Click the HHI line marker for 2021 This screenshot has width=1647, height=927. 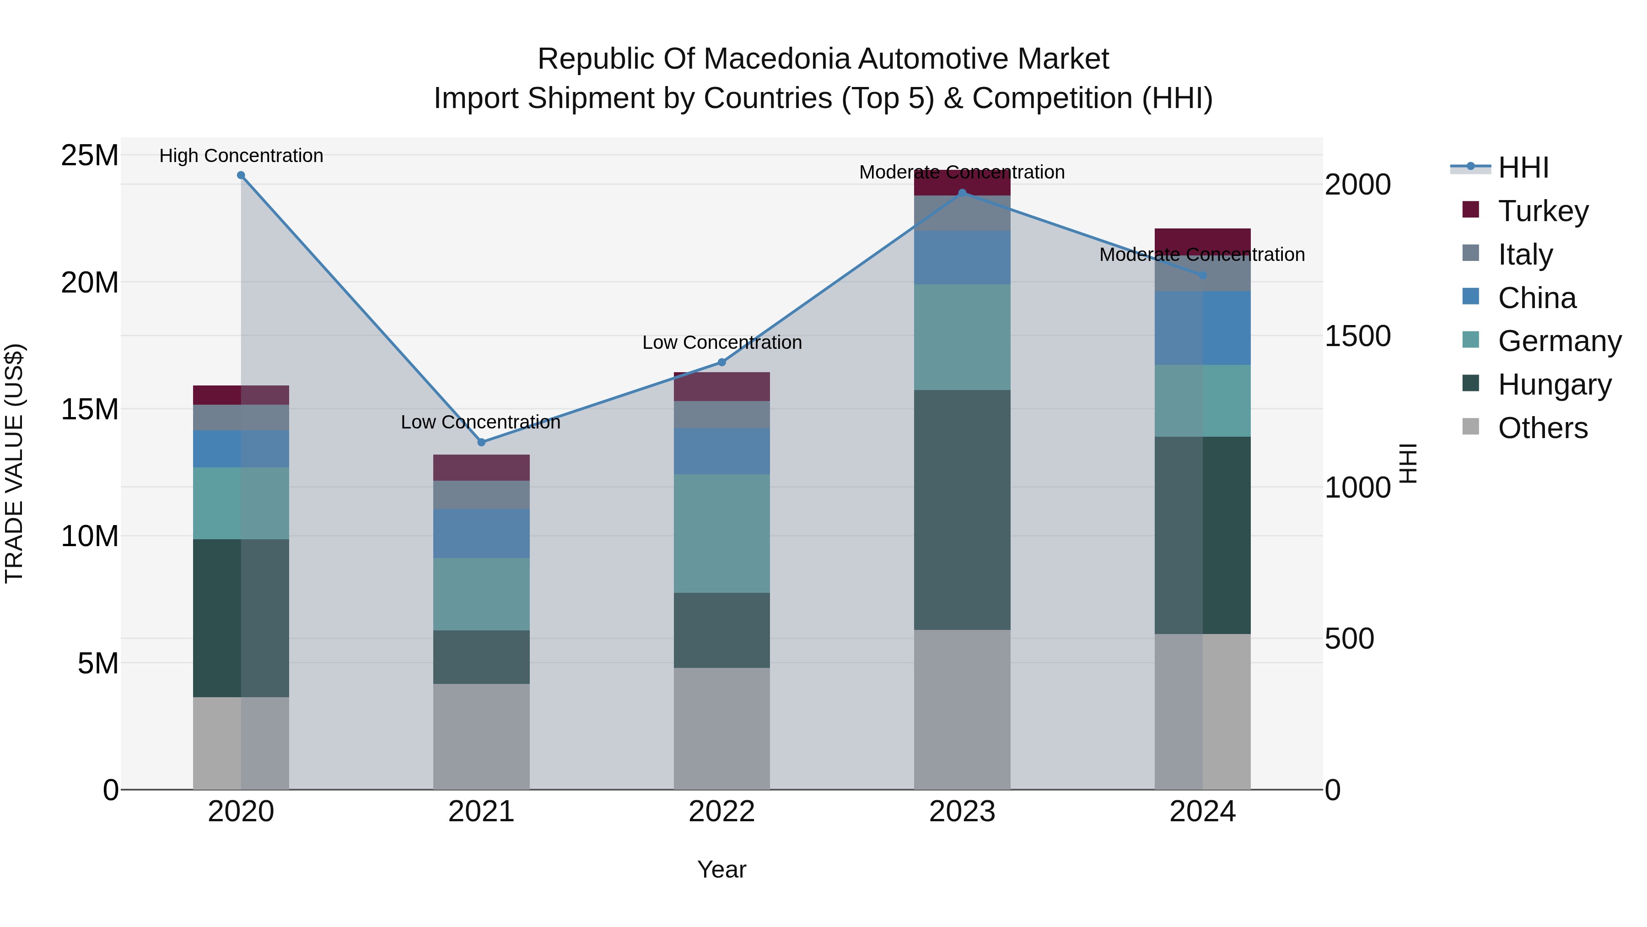click(481, 442)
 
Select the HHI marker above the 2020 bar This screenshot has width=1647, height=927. click(241, 175)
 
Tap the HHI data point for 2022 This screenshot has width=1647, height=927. click(722, 362)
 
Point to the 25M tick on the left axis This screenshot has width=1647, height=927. click(90, 156)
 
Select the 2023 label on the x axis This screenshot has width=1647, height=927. click(962, 812)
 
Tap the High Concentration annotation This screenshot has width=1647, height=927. click(241, 156)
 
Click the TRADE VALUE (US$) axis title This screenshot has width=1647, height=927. click(14, 463)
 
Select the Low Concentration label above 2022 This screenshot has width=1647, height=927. click(722, 342)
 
